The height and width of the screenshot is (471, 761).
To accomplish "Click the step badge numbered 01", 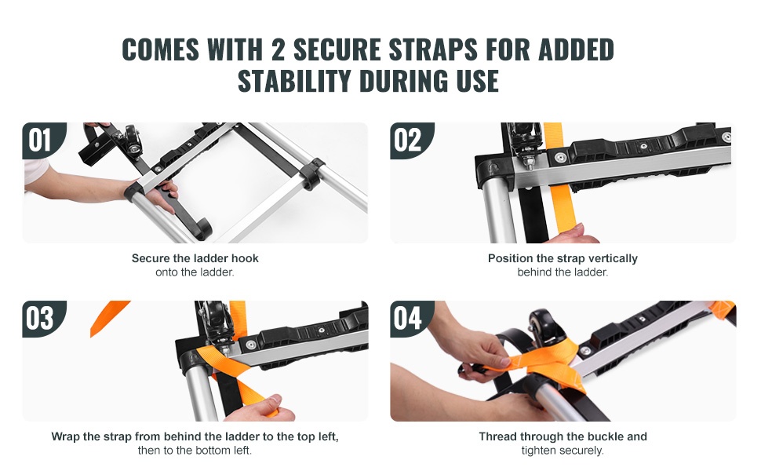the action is click(x=42, y=140).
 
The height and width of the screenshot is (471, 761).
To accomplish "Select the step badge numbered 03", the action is click(x=42, y=319).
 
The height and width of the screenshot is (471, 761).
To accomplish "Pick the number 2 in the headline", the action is click(x=278, y=49).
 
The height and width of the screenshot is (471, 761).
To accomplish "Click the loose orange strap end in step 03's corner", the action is click(x=107, y=316).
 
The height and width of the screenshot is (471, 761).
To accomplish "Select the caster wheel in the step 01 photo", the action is click(x=133, y=137).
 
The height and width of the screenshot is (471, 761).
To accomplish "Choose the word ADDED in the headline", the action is click(x=576, y=49).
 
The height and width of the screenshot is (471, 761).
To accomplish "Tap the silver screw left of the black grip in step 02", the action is click(x=560, y=158).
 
